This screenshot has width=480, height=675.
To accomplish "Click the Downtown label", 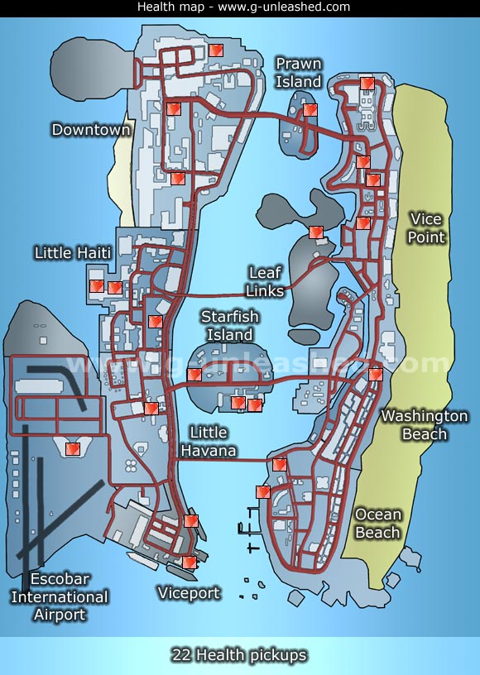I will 91,130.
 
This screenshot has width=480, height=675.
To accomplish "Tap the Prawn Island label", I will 299,73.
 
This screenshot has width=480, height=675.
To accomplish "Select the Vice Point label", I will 426,228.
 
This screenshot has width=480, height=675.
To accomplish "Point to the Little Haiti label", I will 72,252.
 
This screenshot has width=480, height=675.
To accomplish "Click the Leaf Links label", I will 265,281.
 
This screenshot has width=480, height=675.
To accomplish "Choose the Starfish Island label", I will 229,326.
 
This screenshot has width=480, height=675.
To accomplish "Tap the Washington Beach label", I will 424,424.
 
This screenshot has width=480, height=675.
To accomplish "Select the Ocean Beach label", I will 377,524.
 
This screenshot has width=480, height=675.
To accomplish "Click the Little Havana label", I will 208,442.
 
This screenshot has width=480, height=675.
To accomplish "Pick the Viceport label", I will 189,593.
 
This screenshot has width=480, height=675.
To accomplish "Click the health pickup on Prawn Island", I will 310,109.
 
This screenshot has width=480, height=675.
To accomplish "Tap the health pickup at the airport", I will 72,448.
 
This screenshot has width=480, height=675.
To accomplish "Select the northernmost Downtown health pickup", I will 215,50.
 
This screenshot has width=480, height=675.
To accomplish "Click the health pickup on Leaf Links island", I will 314,232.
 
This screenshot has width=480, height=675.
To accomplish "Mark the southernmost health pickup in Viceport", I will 189,562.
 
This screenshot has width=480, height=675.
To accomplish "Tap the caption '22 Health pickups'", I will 239,655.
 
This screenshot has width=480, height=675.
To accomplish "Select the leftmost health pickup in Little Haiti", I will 96,286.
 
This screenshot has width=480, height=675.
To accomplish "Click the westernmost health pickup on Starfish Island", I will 194,375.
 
